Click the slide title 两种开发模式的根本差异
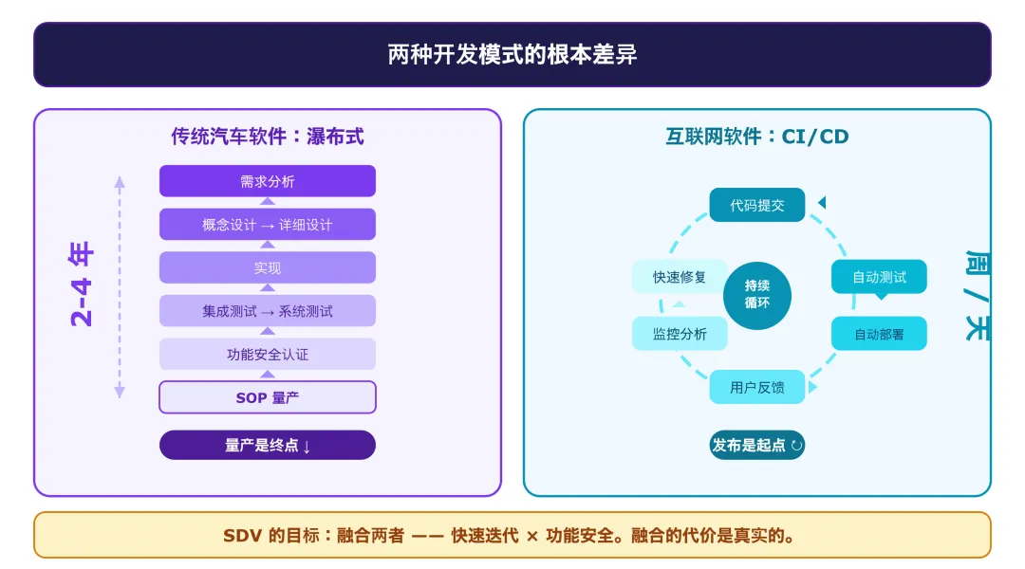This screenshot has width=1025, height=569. point(512,55)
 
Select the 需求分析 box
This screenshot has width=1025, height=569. point(267,181)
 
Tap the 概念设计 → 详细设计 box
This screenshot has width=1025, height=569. point(267,225)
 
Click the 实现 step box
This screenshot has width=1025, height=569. point(267,268)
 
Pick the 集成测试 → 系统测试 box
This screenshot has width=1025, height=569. point(267,311)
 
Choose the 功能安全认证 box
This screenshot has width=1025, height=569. point(267,355)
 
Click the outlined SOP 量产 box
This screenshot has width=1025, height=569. point(267,397)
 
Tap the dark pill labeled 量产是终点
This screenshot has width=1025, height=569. point(267,445)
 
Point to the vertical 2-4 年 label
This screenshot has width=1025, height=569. point(83,285)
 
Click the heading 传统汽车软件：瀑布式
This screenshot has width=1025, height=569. point(267,137)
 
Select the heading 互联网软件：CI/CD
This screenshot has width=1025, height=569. point(756,137)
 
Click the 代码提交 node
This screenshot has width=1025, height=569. point(757,205)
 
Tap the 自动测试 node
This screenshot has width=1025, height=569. point(879,277)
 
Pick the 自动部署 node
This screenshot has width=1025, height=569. point(879,334)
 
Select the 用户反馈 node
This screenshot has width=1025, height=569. point(757,387)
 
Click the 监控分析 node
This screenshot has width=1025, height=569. point(680,334)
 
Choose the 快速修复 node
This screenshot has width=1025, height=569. point(680,277)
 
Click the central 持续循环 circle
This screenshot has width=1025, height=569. point(757,294)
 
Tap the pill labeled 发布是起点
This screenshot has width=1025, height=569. point(757,445)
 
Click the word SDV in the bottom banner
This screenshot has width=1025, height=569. point(241,536)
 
